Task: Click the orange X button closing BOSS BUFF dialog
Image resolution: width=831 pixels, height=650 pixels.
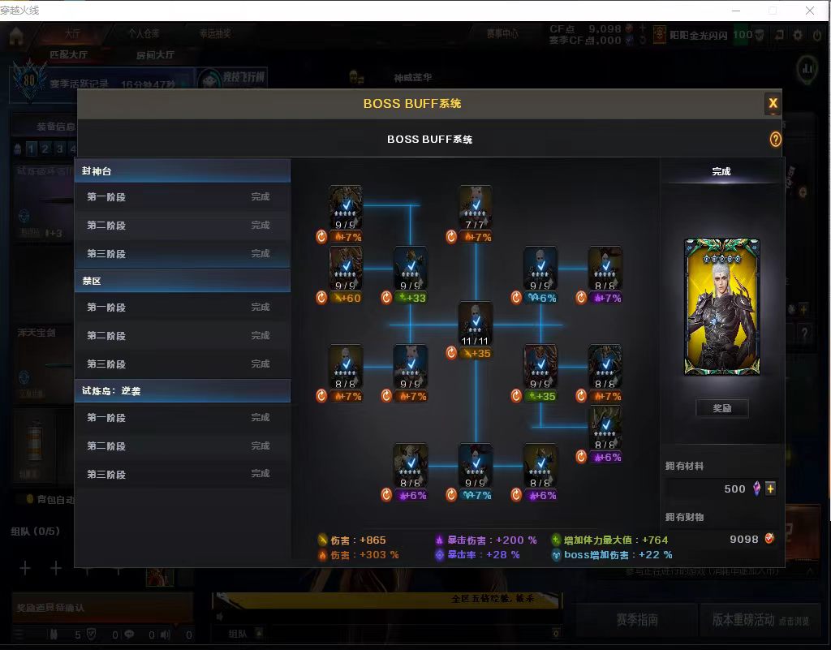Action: coord(773,103)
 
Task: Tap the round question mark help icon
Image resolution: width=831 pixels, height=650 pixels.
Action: coord(775,140)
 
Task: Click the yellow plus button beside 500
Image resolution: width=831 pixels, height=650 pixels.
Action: coord(770,489)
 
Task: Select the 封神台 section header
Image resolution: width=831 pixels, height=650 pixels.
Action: coord(183,171)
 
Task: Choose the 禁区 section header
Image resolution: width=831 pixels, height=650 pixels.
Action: coord(183,281)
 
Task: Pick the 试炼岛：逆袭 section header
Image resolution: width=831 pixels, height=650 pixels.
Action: coord(183,390)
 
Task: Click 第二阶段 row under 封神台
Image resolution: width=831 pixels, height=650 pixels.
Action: coord(183,225)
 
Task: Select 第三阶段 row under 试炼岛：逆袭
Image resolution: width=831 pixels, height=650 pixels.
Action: coord(183,474)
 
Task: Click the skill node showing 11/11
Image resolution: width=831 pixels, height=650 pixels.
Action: coord(476,323)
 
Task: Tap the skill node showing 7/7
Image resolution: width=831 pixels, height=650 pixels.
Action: coord(476,207)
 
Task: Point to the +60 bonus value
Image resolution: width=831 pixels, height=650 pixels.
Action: coord(350,298)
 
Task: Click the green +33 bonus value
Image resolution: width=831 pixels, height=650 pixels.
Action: coord(415,298)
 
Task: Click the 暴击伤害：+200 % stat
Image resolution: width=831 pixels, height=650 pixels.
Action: coord(486,540)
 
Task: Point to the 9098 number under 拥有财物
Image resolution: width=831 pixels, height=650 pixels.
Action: coord(743,539)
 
